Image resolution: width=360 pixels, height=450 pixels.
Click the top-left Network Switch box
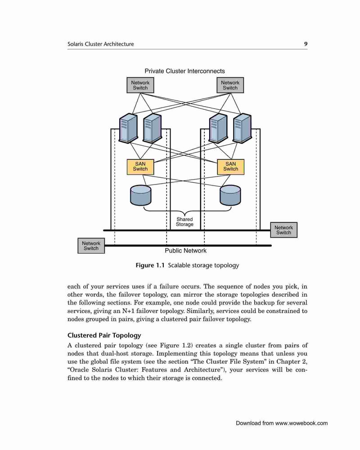click(x=140, y=85)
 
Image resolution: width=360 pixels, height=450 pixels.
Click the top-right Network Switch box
click(x=230, y=85)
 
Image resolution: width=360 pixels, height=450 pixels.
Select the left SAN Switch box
click(x=140, y=167)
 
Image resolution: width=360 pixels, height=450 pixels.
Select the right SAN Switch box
click(x=230, y=167)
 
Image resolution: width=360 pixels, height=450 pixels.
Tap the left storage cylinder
click(x=140, y=195)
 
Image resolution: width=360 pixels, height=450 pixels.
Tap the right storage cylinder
click(x=230, y=195)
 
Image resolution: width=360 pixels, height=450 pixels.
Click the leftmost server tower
click(x=128, y=128)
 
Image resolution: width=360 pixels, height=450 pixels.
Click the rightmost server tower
click(x=242, y=128)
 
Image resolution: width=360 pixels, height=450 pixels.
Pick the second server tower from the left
click(x=152, y=128)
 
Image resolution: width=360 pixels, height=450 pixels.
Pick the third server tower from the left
click(x=218, y=128)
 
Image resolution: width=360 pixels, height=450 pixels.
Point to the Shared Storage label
click(x=184, y=222)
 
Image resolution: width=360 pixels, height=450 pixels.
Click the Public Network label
click(x=185, y=251)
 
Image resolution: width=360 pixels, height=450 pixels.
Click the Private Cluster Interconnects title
click(x=184, y=71)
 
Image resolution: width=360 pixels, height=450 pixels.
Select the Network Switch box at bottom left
click(x=91, y=246)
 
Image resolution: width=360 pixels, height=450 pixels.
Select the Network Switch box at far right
click(x=283, y=230)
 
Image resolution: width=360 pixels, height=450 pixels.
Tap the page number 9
click(x=306, y=44)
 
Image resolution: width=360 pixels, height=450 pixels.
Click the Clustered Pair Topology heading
click(x=104, y=336)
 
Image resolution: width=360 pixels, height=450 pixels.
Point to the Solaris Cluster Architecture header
click(x=100, y=44)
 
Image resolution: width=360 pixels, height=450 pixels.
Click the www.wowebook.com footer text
click(x=301, y=423)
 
